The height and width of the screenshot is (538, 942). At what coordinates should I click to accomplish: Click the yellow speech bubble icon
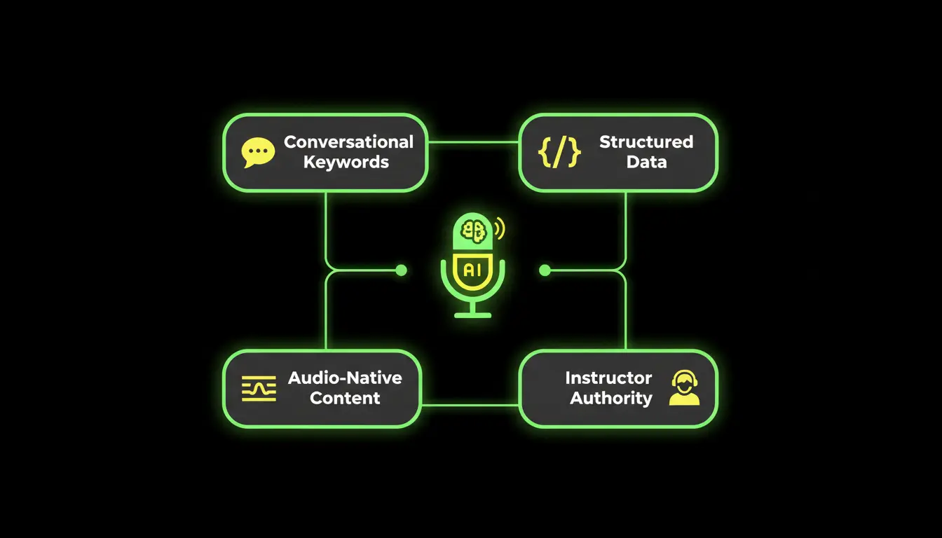coord(257,153)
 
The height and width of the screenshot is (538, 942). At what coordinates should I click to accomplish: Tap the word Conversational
coord(348,142)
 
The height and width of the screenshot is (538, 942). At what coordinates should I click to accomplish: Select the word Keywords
coord(346,163)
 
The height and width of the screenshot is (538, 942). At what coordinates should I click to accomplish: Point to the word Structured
coord(646,142)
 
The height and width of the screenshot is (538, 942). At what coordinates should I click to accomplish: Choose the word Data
coord(646,163)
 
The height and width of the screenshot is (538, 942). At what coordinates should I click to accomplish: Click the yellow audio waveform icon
coord(259,389)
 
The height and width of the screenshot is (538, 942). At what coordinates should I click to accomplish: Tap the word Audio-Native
coord(345,378)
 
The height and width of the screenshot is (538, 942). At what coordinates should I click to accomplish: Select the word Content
coord(345,399)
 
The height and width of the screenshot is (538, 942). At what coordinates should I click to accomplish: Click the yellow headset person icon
coord(684,388)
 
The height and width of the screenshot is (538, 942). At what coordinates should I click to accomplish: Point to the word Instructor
coord(608,378)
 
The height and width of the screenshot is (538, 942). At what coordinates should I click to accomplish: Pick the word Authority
coord(610,399)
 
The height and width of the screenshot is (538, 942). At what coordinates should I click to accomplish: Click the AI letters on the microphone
coord(472,270)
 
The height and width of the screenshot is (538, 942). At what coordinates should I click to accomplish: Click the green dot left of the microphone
coord(401,270)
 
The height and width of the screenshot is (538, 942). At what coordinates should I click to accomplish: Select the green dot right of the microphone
coord(545,270)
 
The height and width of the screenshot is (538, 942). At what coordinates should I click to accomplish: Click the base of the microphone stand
coord(472,315)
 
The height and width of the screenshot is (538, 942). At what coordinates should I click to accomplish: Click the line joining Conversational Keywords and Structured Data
coord(472,142)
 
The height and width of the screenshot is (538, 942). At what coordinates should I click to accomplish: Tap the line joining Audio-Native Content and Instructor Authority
coord(470,405)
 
